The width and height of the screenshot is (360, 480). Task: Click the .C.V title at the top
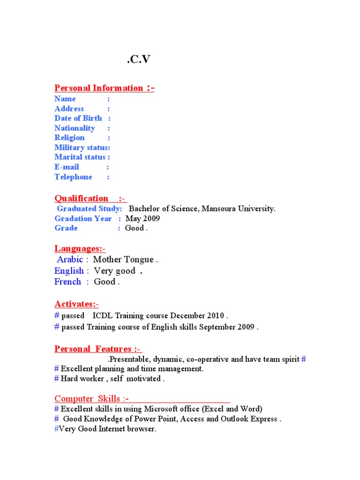[139, 59]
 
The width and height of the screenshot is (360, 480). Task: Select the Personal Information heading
[104, 88]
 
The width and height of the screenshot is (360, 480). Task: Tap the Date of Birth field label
[78, 118]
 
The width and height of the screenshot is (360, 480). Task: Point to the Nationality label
[75, 128]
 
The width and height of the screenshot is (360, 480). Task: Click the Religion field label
[70, 138]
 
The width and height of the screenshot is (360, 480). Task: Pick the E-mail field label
[67, 167]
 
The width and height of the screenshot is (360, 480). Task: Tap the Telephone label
[74, 177]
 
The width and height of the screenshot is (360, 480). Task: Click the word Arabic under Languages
[70, 260]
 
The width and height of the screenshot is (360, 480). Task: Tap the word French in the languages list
[68, 282]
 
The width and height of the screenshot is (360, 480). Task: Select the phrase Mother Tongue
[123, 260]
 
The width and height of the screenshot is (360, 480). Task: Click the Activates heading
[80, 304]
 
